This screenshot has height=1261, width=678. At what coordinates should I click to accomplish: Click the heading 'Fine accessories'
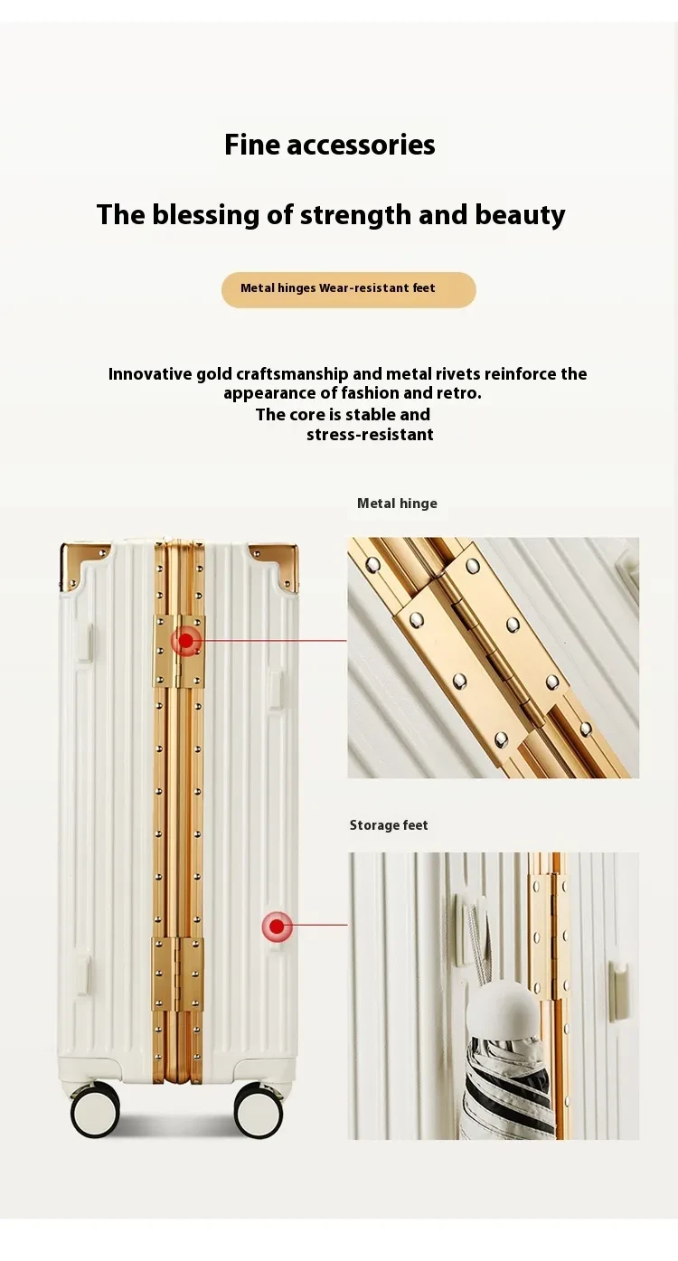coord(329,145)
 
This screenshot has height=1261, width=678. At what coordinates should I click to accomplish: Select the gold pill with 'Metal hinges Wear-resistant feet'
coord(349,289)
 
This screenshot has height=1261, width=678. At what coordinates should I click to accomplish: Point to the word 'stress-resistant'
coord(370,435)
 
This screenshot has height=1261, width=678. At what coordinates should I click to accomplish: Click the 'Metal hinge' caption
coord(397,503)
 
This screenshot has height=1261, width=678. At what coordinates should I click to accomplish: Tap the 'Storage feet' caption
coord(389,825)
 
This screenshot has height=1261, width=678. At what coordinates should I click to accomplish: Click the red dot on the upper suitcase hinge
coord(186,641)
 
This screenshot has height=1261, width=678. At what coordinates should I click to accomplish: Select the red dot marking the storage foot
coord(277,926)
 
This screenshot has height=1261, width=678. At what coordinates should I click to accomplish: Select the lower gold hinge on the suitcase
coord(177,974)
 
